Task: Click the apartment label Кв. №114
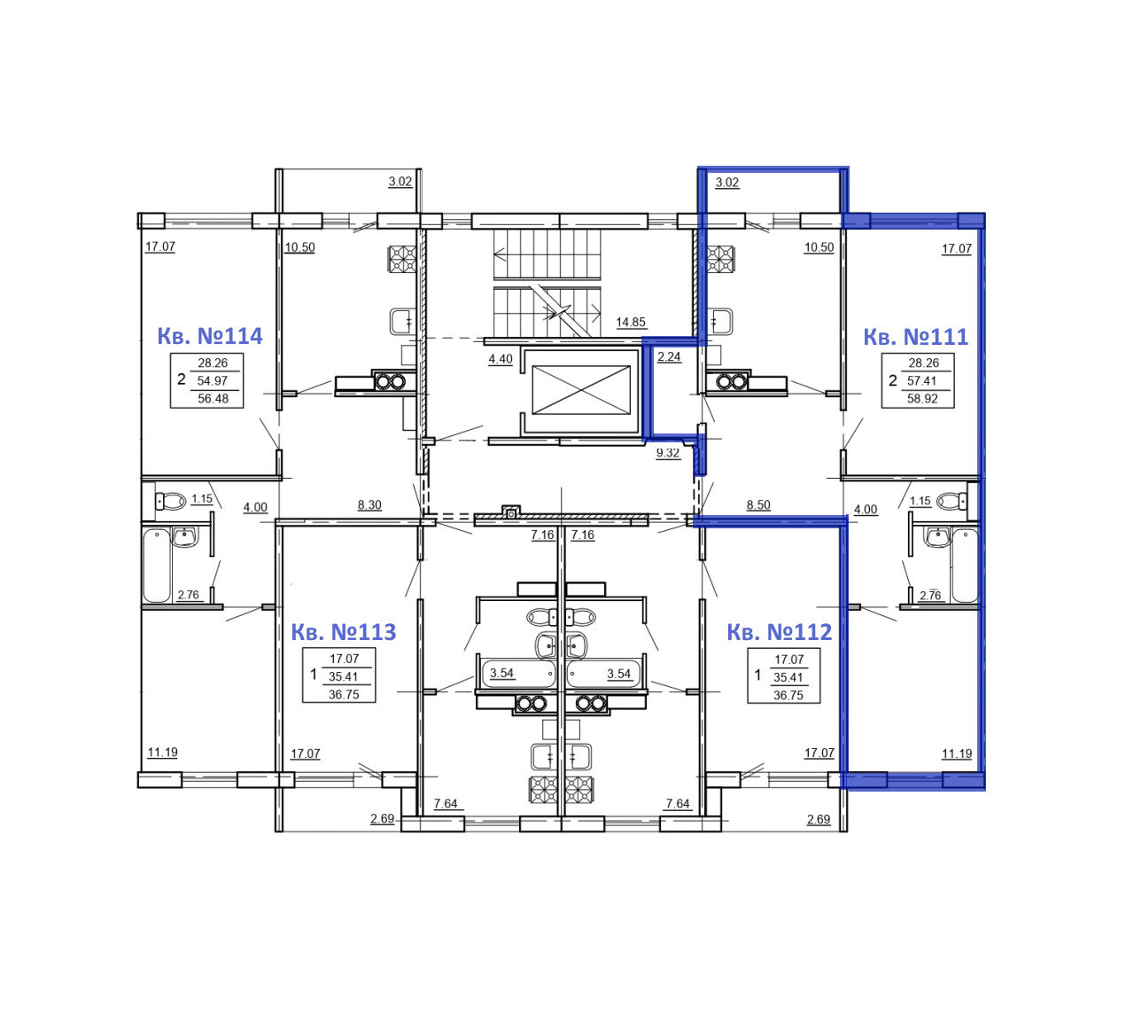pos(209,336)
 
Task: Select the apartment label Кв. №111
pos(915,337)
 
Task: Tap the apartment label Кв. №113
pos(343,632)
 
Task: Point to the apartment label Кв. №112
pos(779,632)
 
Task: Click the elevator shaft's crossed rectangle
pos(580,390)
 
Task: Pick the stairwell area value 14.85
pos(630,322)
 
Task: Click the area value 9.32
pos(667,453)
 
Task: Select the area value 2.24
pos(668,356)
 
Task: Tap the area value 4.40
pos(500,358)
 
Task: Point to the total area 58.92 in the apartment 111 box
pos(921,398)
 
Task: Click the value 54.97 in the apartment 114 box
pos(212,380)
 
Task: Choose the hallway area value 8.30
pos(369,504)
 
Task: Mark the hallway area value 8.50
pos(757,504)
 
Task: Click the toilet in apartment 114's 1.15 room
pos(170,501)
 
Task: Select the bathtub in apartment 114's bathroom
pos(156,566)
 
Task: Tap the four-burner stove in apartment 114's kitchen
pos(402,260)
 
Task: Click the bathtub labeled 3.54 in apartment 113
pos(518,673)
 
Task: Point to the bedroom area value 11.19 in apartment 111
pos(956,753)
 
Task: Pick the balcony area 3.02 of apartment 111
pos(726,182)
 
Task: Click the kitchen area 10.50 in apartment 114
pos(299,247)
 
